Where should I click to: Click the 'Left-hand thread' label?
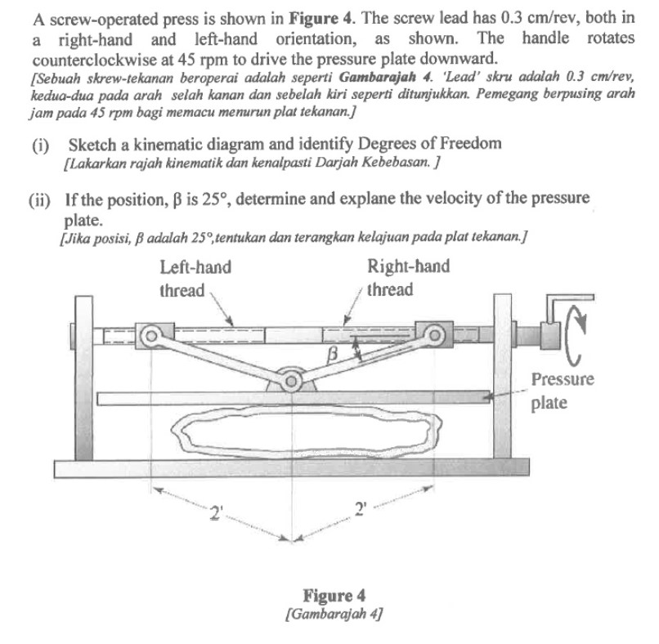point(195,279)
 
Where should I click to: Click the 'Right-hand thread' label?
point(407,279)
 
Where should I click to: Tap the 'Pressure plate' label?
point(563,391)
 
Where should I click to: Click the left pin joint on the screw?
point(150,334)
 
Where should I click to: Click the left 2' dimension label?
point(216,513)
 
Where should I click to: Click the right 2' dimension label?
point(361,511)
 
